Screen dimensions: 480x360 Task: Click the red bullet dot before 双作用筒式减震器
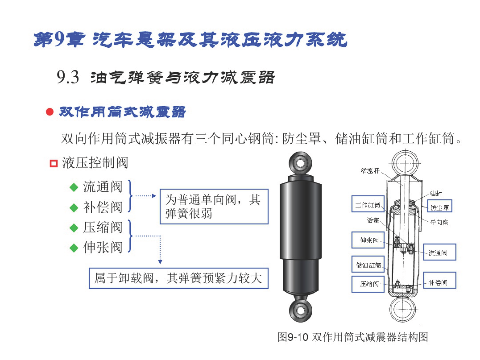tap(50, 112)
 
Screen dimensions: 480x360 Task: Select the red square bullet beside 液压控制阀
tap(54, 163)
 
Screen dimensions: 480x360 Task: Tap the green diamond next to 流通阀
tap(74, 187)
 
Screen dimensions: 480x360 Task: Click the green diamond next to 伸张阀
tap(74, 248)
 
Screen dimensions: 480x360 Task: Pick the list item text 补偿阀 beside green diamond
tap(103, 207)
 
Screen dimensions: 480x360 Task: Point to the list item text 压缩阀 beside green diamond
tap(103, 228)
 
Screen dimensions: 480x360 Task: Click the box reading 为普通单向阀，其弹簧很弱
tap(214, 207)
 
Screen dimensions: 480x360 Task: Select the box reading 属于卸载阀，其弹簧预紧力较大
tap(178, 278)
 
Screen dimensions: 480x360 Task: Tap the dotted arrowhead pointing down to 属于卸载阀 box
tap(160, 262)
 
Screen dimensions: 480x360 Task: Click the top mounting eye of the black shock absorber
tap(301, 163)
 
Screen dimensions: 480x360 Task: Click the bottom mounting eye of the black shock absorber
tap(301, 310)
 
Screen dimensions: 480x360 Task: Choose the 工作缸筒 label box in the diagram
tap(368, 204)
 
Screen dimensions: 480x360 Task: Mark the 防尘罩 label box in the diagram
tap(439, 206)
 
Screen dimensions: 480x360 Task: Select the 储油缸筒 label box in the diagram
tap(368, 264)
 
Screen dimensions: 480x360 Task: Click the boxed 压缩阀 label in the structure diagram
tap(368, 284)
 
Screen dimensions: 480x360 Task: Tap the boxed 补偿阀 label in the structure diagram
tap(439, 281)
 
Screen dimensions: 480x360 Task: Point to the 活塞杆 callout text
tap(370, 171)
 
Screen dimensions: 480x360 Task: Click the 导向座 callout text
tap(439, 223)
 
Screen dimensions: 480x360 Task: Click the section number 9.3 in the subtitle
tap(68, 77)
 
